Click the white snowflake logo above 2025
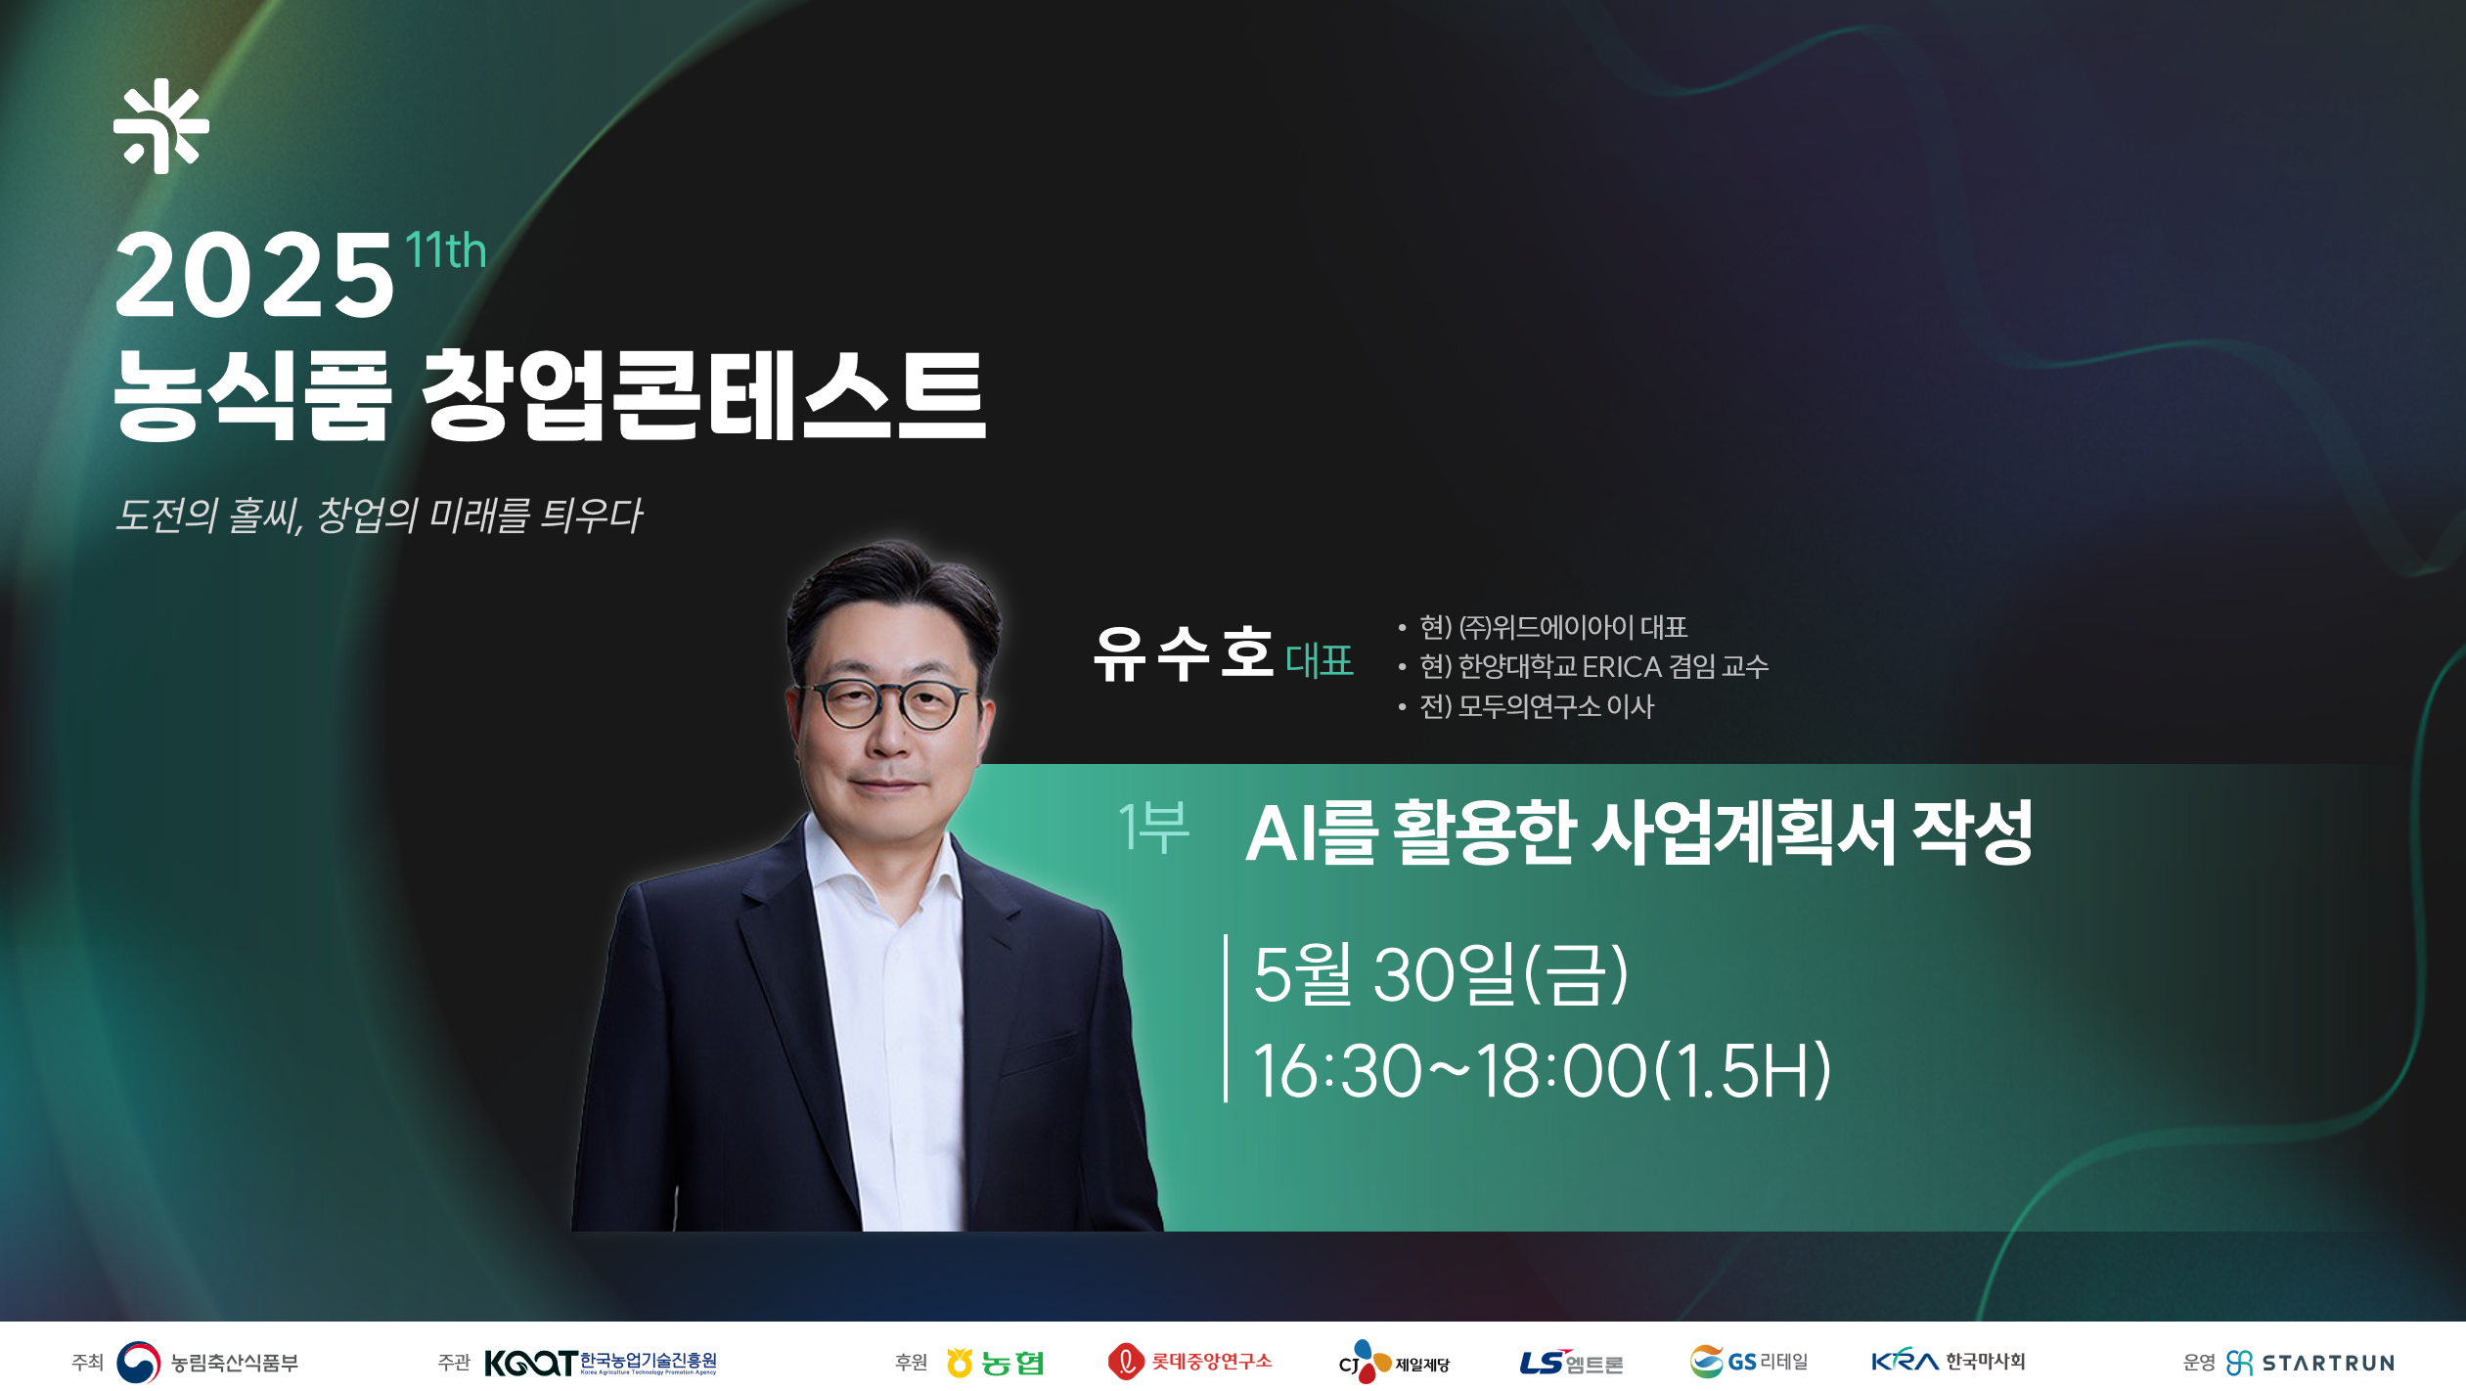(161, 126)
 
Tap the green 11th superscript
(445, 250)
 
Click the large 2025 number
(254, 276)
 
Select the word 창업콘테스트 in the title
(702, 395)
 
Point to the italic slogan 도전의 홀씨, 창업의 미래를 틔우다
(379, 516)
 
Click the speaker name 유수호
(1184, 652)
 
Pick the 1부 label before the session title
(1153, 828)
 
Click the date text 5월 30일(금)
(1441, 973)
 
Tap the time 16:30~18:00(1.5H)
(1543, 1070)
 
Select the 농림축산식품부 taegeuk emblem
(138, 1362)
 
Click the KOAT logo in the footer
(601, 1362)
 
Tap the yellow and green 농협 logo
(995, 1362)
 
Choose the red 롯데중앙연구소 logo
(1189, 1361)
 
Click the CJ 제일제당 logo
(1394, 1362)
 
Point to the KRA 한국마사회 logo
(1948, 1361)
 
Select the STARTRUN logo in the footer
(2310, 1363)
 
